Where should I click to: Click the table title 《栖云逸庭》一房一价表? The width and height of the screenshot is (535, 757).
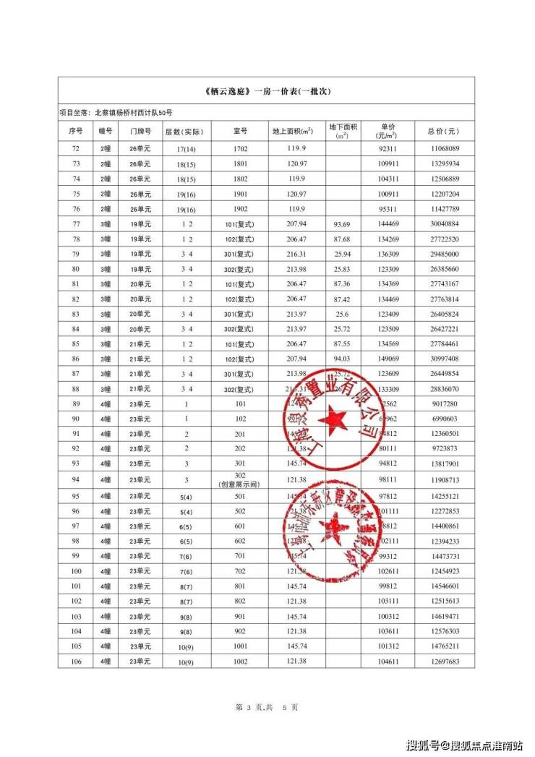click(x=267, y=92)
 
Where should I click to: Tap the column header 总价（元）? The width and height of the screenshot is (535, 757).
click(x=443, y=132)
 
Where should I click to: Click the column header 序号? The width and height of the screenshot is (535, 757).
click(x=76, y=132)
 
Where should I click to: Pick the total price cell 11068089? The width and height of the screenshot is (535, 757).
click(x=444, y=148)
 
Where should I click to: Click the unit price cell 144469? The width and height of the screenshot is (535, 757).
click(x=388, y=223)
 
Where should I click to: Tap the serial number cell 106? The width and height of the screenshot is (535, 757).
click(x=76, y=661)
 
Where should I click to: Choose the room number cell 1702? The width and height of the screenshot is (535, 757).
click(x=241, y=148)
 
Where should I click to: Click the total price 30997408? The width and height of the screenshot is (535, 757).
click(x=444, y=359)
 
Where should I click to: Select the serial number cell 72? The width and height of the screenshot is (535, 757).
click(x=76, y=148)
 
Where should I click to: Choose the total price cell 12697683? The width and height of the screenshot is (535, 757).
click(x=444, y=661)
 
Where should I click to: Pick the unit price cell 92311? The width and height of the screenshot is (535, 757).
click(x=388, y=148)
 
